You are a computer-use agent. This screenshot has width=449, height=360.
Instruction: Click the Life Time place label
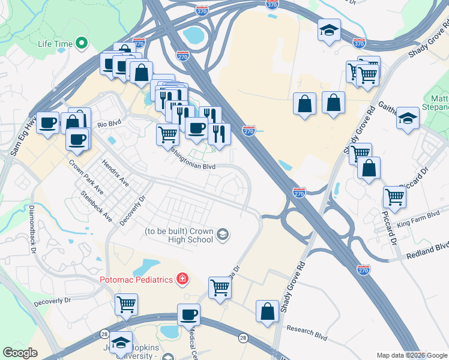point(55,44)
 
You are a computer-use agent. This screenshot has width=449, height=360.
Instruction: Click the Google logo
point(20,353)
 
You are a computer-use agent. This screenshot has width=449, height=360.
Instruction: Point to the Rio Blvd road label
point(109,124)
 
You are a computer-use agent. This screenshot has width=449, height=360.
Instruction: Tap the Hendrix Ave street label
point(115,172)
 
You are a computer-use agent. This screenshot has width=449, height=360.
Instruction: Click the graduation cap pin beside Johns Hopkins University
point(121,342)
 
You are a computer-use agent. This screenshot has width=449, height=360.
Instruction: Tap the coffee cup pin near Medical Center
point(189,314)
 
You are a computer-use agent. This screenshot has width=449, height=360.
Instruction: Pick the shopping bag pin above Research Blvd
point(268,311)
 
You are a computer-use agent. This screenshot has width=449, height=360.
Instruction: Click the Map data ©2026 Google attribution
point(411,355)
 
